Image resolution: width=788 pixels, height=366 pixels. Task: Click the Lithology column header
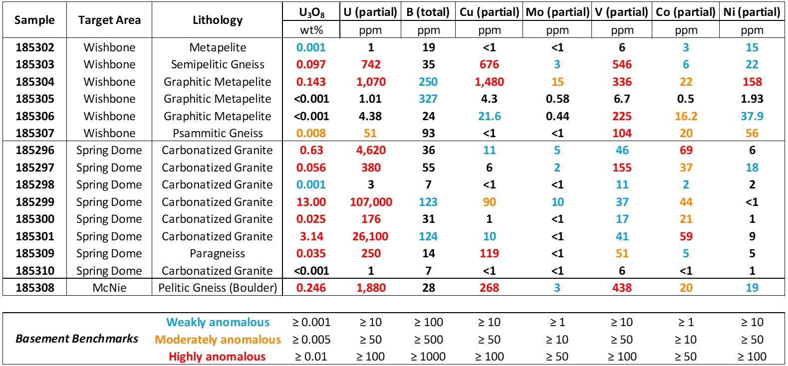click(218, 20)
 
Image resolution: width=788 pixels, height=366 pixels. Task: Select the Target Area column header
click(109, 20)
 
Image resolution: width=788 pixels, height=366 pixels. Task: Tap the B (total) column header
click(428, 12)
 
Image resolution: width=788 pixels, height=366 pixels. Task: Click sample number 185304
click(35, 82)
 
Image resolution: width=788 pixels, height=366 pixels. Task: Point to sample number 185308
click(35, 288)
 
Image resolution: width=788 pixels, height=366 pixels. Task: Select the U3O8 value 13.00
click(311, 202)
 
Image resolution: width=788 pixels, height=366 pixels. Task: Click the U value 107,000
click(371, 202)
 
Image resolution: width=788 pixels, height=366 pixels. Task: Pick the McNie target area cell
click(109, 288)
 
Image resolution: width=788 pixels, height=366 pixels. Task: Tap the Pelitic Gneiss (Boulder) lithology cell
click(218, 288)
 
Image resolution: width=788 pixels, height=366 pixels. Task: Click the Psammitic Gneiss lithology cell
click(218, 133)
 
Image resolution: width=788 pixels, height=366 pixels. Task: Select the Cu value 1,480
click(489, 82)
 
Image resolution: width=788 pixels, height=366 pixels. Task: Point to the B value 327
click(428, 99)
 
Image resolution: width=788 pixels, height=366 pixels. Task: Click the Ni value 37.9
click(752, 116)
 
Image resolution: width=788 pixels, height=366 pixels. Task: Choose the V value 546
click(622, 64)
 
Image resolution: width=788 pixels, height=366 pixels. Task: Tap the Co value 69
click(686, 150)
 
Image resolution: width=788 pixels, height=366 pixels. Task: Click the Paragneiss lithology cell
click(218, 253)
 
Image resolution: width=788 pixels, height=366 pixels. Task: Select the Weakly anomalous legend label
click(218, 323)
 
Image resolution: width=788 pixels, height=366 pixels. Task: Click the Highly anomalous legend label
click(217, 357)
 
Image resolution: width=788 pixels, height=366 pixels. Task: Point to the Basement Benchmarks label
click(77, 339)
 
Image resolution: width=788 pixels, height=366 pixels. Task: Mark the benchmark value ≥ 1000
click(428, 357)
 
